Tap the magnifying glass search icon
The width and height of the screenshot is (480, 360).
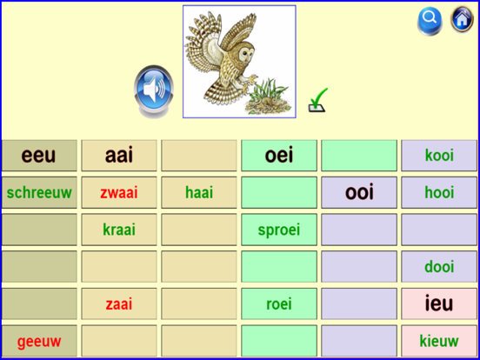(430, 19)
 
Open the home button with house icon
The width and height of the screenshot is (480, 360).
(461, 19)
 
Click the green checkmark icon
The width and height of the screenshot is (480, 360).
(318, 102)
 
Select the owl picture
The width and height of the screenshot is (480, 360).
(238, 61)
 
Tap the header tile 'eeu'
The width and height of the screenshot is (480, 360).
(38, 156)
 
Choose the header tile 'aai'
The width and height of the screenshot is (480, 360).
(119, 156)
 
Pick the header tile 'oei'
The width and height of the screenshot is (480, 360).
(279, 156)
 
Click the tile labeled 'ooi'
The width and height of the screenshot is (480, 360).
(359, 192)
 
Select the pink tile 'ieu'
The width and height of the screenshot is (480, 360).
(439, 303)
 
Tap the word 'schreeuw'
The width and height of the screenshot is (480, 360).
(39, 193)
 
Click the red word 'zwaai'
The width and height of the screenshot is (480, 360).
(119, 193)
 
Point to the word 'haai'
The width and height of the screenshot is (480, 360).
(199, 193)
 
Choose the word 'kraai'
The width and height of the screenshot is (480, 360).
(119, 230)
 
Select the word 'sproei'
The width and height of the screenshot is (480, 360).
(279, 230)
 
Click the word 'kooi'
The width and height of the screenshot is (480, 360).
(439, 156)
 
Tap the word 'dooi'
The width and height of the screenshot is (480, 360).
(439, 267)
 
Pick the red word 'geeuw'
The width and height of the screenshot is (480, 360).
(39, 341)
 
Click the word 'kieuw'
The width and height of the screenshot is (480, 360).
(439, 341)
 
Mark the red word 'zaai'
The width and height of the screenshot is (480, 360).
(119, 303)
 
